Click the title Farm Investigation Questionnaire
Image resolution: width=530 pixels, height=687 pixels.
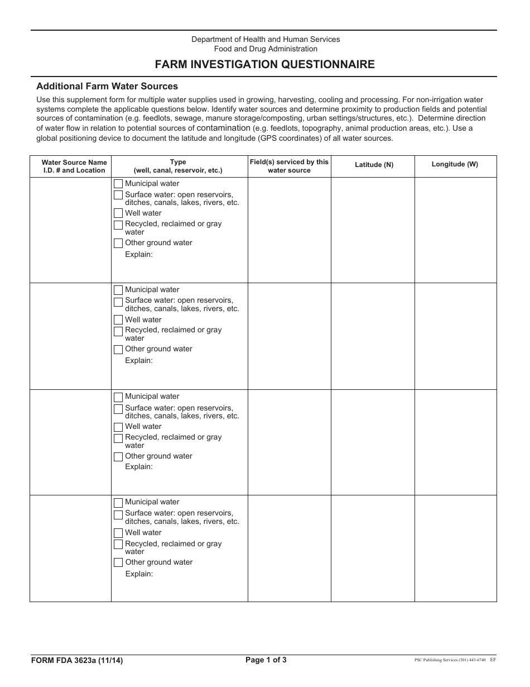(x=265, y=64)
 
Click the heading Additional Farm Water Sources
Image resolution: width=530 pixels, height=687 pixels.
(x=107, y=87)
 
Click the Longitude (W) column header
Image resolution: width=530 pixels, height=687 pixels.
(x=455, y=164)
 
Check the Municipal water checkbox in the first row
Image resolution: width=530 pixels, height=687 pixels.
(x=118, y=184)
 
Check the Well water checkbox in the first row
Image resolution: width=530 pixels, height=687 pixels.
(x=118, y=213)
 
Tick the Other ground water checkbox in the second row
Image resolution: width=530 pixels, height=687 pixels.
(x=118, y=350)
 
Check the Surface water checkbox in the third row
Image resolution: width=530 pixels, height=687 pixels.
(x=118, y=409)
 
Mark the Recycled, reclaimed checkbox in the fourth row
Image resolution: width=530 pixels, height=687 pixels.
(x=118, y=545)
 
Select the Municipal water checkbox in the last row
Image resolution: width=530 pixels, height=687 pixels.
(x=118, y=503)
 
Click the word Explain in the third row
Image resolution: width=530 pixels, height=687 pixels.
(x=138, y=467)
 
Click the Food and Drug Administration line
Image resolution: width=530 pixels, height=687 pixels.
(x=266, y=49)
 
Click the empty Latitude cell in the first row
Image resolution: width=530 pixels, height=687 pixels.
(x=373, y=230)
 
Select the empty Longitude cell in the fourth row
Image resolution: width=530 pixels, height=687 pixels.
(x=455, y=548)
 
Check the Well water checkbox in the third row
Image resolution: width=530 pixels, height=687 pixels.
(x=118, y=427)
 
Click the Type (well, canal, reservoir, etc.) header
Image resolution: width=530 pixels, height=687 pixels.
(x=178, y=166)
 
